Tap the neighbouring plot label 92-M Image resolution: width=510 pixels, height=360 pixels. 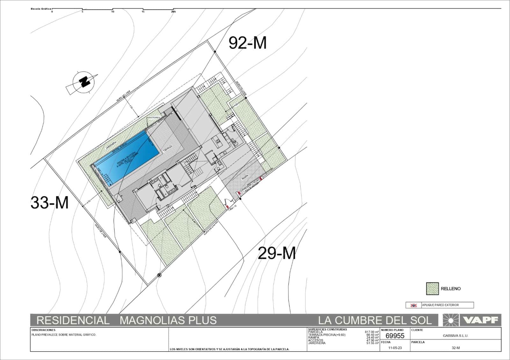tap(247, 43)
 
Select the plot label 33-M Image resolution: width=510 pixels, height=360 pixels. tap(49, 202)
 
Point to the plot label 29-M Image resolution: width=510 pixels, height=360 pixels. tap(276, 254)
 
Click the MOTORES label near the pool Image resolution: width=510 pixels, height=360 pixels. tap(154, 117)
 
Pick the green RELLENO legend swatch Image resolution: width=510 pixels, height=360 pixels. tap(432, 289)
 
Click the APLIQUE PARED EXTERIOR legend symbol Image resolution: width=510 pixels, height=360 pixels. tap(413, 305)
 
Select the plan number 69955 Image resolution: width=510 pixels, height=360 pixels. tap(395, 336)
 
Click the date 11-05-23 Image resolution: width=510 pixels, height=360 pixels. tap(395, 348)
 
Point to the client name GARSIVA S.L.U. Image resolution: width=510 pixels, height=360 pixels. tap(455, 336)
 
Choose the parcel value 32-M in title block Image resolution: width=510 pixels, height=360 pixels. tap(455, 348)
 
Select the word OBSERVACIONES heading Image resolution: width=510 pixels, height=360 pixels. tap(44, 330)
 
